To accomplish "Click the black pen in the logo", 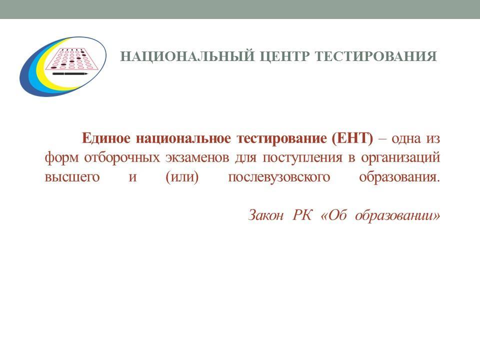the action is [70, 74].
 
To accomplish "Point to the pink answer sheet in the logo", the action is [72, 59].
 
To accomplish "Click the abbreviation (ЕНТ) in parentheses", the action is [352, 138].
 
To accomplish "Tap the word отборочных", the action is [122, 158].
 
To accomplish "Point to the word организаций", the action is [400, 158].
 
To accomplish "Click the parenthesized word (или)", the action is [182, 177].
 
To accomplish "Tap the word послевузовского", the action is [279, 177].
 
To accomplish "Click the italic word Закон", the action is [265, 215].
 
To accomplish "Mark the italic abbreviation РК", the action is [302, 215].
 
